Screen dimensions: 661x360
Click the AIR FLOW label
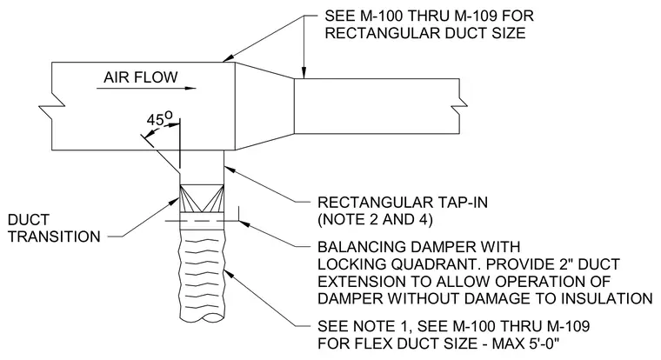click(x=141, y=77)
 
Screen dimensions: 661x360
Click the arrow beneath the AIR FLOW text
click(x=146, y=89)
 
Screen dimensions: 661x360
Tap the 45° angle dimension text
click(x=160, y=119)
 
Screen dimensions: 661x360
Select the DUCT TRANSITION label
click(x=54, y=228)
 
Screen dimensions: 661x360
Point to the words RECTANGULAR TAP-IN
click(x=403, y=203)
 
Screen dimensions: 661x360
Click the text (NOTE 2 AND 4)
click(x=375, y=220)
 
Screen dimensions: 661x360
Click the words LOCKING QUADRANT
click(x=399, y=264)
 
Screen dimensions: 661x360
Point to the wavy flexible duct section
click(x=202, y=278)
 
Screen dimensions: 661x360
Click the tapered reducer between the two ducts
click(x=264, y=106)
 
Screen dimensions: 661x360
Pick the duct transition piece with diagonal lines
click(x=202, y=198)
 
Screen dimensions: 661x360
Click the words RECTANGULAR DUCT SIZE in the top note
click(x=425, y=33)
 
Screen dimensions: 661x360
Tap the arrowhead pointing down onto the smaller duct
click(x=304, y=73)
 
